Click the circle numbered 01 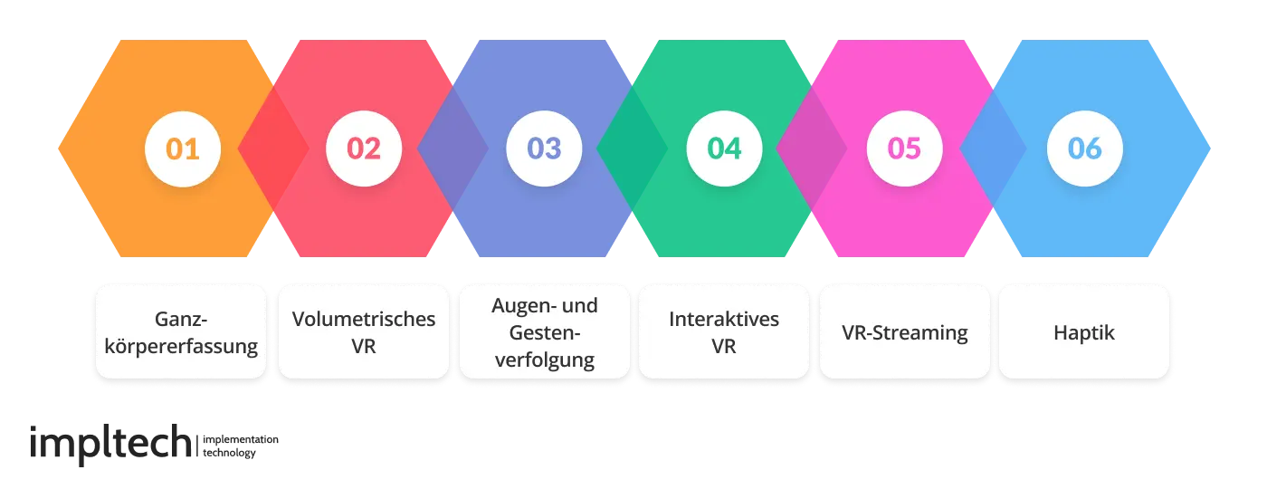click(183, 149)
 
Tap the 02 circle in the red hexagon click(363, 149)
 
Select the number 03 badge click(544, 149)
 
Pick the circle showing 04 click(724, 149)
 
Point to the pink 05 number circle click(904, 149)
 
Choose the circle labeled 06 click(1084, 149)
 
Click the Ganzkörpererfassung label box click(181, 331)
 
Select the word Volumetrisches click(363, 319)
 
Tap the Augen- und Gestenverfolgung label click(544, 331)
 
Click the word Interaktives click(724, 319)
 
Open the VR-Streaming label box click(904, 331)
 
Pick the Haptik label click(1084, 331)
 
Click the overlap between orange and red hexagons click(272, 149)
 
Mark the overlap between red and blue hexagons click(452, 149)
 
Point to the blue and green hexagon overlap click(633, 149)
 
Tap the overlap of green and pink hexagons click(812, 149)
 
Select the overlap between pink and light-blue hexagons click(993, 149)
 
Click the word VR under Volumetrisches click(363, 345)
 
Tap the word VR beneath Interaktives click(724, 345)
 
